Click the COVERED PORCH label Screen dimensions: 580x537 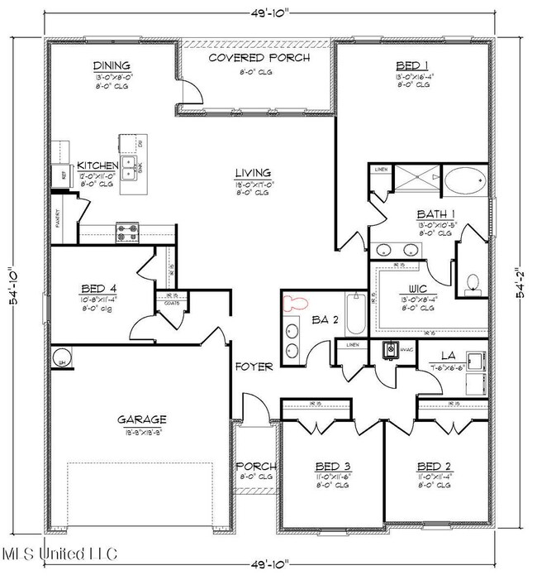pyautogui.click(x=259, y=58)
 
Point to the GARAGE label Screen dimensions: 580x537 pyautogui.click(x=140, y=419)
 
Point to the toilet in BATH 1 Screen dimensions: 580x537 pyautogui.click(x=473, y=285)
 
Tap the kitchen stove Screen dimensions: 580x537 pyautogui.click(x=127, y=232)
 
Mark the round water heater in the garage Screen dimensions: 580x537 pyautogui.click(x=61, y=357)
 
